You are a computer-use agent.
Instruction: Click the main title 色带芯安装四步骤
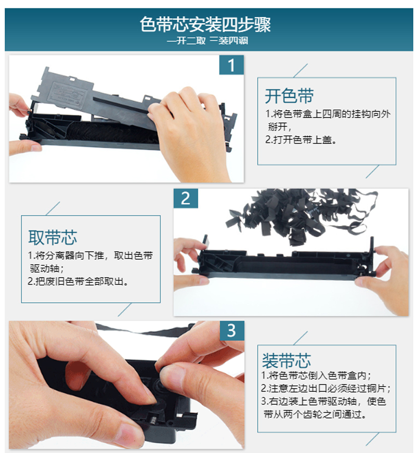pos(205,24)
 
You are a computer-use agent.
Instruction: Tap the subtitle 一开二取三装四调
pos(207,41)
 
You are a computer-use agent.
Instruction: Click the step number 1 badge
pos(231,65)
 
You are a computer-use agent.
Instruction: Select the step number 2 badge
pos(186,199)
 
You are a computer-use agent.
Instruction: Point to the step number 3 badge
pos(232,330)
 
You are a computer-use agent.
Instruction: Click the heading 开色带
pos(289,96)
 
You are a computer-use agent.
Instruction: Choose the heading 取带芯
pos(53,238)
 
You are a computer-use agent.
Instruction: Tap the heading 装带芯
pos(287,360)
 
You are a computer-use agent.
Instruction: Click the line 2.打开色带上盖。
pos(301,140)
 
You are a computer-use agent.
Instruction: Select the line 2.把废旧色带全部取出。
pos(79,281)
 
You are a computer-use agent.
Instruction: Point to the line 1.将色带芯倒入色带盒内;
pos(316,376)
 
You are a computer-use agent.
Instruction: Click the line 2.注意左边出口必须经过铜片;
pos(326,389)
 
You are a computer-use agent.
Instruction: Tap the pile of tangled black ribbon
pos(301,215)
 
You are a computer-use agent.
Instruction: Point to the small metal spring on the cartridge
pos(152,419)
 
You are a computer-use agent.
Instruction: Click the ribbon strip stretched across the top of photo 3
pos(145,330)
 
